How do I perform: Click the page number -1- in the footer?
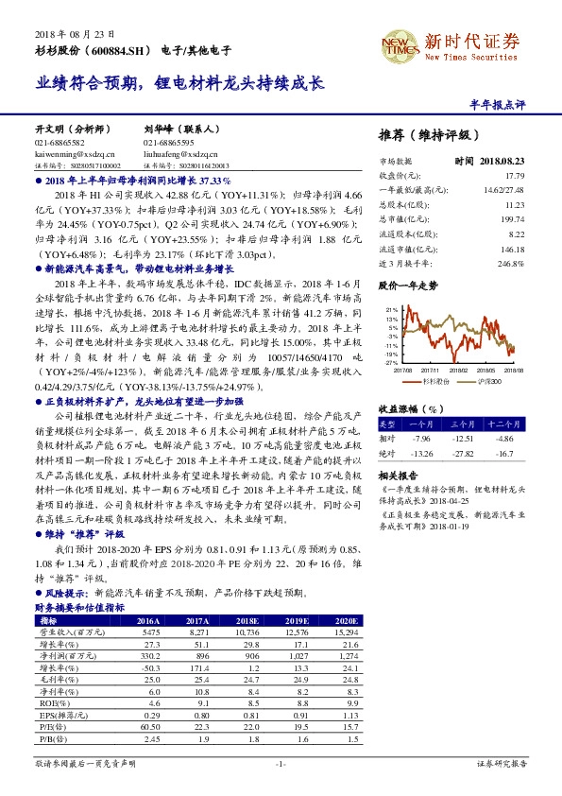pos(280,762)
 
